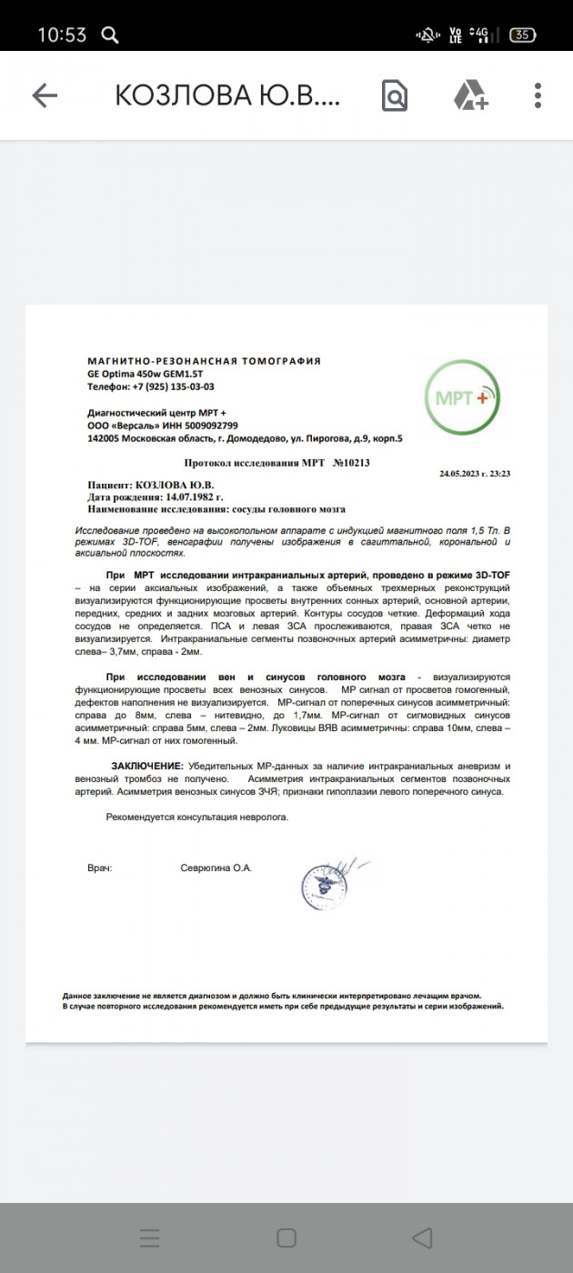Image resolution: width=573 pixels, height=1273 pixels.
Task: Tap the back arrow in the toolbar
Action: [45, 95]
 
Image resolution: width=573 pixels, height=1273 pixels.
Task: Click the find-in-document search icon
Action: [395, 95]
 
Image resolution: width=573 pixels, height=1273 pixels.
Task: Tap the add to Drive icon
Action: [470, 95]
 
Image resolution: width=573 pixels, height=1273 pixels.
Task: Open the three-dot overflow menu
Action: [538, 95]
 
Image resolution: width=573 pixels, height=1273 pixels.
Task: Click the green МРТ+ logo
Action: [462, 398]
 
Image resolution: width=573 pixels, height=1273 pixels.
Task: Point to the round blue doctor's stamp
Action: [325, 886]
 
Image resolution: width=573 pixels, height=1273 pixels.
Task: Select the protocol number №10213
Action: [351, 463]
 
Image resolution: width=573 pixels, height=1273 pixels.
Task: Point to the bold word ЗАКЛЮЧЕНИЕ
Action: [146, 767]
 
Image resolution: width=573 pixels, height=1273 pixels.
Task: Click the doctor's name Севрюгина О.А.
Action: [216, 868]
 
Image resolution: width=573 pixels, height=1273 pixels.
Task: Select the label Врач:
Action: [99, 868]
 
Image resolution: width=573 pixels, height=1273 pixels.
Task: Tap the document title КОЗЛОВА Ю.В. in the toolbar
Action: [227, 95]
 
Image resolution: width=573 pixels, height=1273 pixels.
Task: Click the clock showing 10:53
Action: [62, 35]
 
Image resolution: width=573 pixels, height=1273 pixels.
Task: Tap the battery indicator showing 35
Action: [522, 35]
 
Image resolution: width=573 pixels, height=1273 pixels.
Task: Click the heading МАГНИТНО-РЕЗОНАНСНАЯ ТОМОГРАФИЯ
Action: [204, 361]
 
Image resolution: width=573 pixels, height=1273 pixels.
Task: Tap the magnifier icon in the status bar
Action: [109, 35]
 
